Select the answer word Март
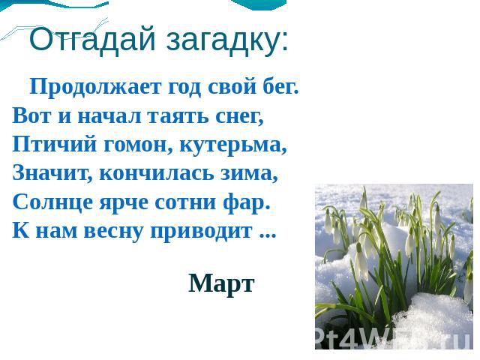click(221, 283)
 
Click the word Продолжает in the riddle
click(95, 87)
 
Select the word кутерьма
click(233, 145)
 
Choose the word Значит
click(52, 173)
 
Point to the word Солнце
click(52, 202)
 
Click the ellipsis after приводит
click(268, 235)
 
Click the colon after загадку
click(284, 43)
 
